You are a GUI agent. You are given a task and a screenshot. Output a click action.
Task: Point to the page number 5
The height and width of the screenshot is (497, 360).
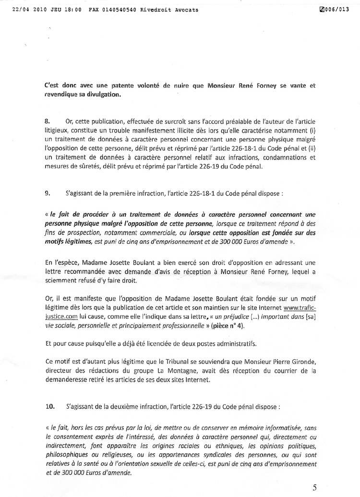pos(314,487)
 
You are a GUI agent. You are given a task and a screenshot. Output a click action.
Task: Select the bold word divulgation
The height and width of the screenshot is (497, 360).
pos(101,94)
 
